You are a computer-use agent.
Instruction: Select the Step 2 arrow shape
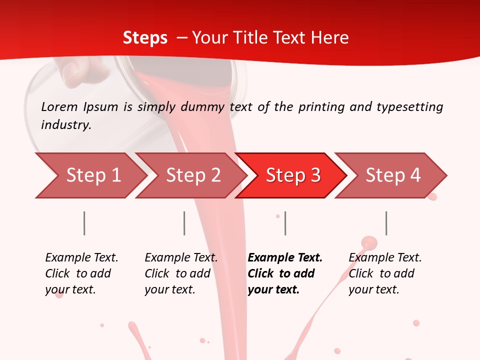point(193,175)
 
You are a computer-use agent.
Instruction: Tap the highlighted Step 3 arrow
point(293,175)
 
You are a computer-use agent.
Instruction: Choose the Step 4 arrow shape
point(393,175)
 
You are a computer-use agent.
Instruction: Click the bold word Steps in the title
point(145,37)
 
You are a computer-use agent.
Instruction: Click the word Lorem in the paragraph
point(59,106)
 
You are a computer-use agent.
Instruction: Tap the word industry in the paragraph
point(66,125)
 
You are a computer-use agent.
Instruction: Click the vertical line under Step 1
point(84,223)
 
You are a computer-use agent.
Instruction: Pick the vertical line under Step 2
point(184,223)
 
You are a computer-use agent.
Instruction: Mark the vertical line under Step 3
point(285,223)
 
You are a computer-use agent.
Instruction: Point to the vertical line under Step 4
point(386,223)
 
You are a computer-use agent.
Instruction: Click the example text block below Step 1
point(81,273)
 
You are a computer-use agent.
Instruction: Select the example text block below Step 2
point(181,273)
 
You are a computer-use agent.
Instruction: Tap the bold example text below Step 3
point(285,273)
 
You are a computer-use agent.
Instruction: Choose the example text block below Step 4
point(385,273)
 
